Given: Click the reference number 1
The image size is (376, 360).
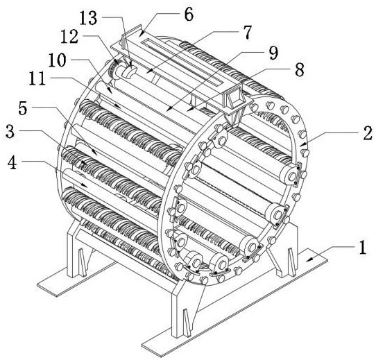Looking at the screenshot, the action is click(362, 247).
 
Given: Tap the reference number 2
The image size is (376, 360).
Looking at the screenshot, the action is click(368, 133).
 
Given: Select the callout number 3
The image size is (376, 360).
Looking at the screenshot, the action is click(10, 131).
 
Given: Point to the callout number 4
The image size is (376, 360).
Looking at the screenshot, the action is click(12, 162).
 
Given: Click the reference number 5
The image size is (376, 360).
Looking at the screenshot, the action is click(23, 108).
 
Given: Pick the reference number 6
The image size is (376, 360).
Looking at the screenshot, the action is click(188, 15).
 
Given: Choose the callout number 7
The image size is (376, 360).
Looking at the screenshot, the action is click(247, 33).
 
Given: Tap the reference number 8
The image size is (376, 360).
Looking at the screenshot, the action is click(300, 69).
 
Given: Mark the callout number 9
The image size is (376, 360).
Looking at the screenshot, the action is click(273, 53).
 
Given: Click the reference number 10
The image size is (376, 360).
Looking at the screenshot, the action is click(57, 60).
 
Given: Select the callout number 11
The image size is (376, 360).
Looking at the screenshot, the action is click(37, 78).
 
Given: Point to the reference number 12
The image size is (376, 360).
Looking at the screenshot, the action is click(69, 37).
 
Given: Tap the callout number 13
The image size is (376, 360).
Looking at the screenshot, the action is click(88, 18).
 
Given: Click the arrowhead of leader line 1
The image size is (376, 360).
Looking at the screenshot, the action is click(309, 259).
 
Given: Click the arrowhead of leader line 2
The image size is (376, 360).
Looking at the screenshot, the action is click(302, 144).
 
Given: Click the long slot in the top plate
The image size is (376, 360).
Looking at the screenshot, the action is click(182, 62).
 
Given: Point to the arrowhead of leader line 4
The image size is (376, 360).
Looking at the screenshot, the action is click(84, 185).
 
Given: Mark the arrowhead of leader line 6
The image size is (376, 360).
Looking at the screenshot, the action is click(142, 33).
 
